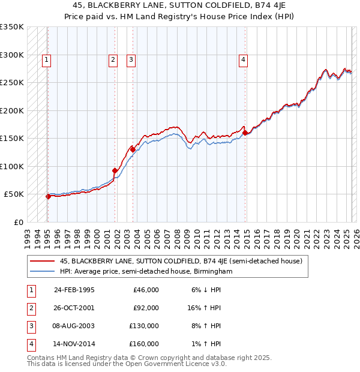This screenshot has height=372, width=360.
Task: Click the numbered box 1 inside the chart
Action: point(46,59)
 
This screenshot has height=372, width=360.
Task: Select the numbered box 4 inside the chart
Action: point(243,59)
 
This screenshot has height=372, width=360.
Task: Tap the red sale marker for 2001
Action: point(115,171)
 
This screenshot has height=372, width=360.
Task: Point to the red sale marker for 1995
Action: point(48,196)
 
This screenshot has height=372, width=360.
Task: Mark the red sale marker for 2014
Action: point(245,133)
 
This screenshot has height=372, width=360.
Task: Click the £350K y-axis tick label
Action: point(12,27)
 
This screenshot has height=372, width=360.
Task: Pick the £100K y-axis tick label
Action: point(12,166)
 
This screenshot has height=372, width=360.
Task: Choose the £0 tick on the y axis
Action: point(18,222)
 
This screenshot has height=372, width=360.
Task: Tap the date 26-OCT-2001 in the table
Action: point(74,308)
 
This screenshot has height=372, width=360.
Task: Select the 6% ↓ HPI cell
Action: point(205,290)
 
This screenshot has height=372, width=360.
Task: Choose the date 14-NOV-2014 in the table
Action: point(74,344)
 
